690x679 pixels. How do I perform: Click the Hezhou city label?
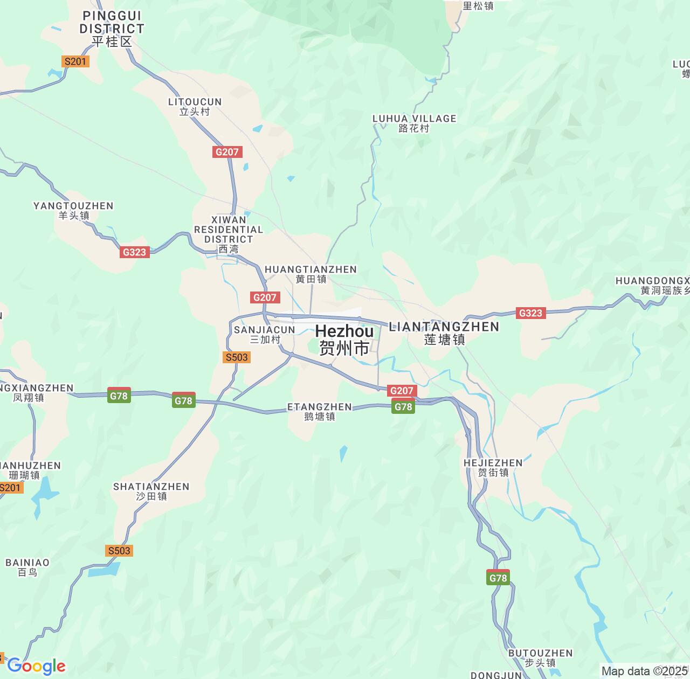344,339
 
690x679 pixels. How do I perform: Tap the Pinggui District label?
112,29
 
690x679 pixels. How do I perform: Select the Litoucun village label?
195,107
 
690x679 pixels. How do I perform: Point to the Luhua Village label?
414,123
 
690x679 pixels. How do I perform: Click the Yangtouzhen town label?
73,210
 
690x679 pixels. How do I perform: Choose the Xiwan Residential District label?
229,234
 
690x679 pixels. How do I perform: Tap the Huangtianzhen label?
310,274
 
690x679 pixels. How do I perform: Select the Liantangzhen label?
444,332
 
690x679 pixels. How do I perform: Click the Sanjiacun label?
265,334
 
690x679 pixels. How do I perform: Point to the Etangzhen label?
320,412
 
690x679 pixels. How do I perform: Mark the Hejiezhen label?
493,467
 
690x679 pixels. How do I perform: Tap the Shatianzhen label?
151,491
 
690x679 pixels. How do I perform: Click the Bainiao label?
27,567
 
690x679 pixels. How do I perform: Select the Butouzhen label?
540,657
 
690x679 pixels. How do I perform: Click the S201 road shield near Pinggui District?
75,61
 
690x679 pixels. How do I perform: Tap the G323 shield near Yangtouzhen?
134,252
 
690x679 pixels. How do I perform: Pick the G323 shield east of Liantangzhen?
530,313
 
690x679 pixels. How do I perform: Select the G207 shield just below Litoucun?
227,152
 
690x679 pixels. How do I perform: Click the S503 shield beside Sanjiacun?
237,357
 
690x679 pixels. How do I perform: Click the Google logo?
36,666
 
